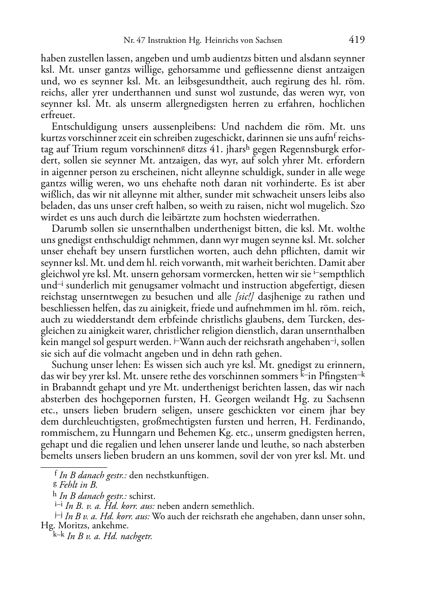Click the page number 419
pos(356,40)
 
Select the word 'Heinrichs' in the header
pos(209,41)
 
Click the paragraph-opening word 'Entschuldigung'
pos(79,127)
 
